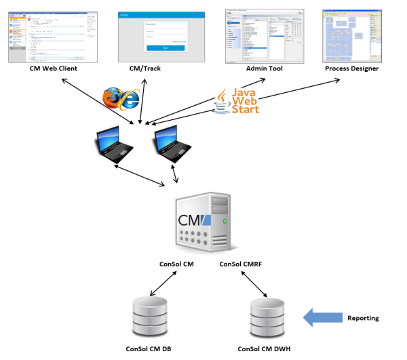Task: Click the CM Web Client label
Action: pos(54,68)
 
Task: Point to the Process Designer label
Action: pos(351,68)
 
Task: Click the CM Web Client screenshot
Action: pos(54,36)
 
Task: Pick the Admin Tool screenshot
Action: pos(263,35)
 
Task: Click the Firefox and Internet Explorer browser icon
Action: pos(121,98)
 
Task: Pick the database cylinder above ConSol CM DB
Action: pos(148,313)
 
